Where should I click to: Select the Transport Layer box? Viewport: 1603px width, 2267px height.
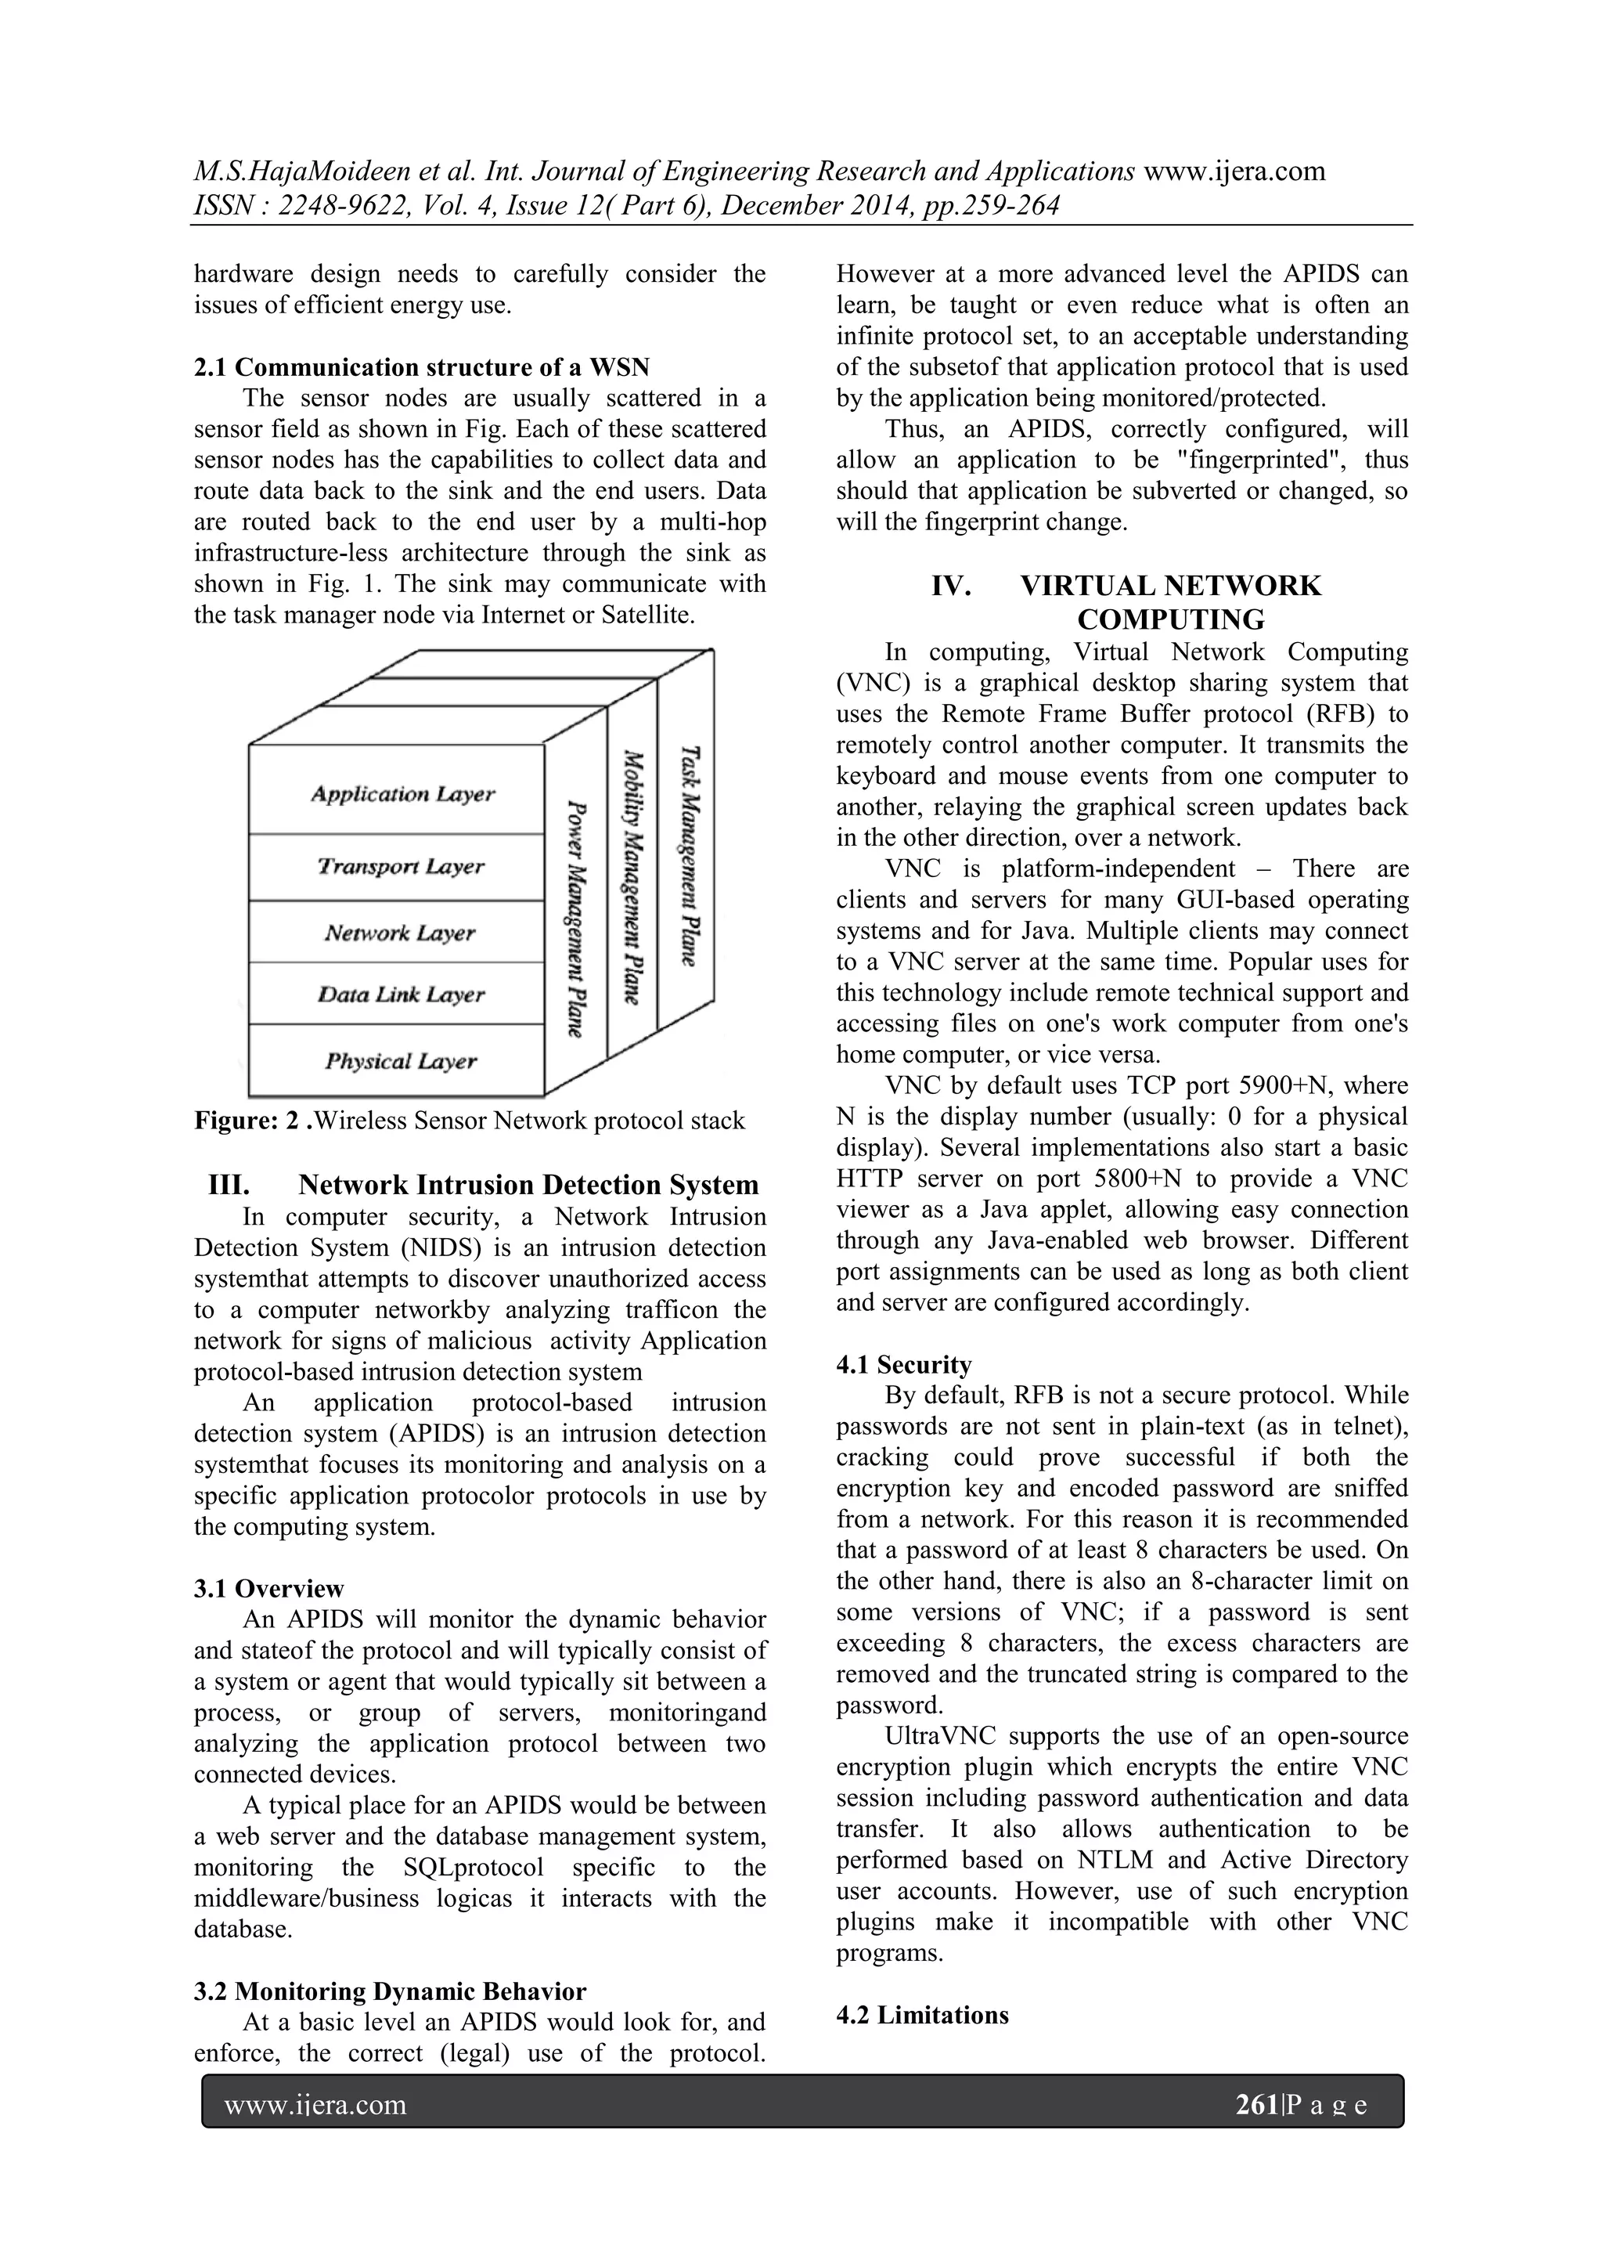(x=401, y=866)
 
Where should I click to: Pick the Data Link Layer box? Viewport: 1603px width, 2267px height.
(x=401, y=995)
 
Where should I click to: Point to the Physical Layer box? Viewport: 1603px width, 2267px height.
(x=401, y=1060)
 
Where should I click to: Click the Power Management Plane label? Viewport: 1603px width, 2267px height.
(x=576, y=919)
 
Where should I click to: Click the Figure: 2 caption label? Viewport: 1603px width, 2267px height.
(x=252, y=1121)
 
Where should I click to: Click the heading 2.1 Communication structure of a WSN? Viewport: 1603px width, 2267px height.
(x=421, y=367)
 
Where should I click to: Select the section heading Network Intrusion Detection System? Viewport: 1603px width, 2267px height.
(x=528, y=1185)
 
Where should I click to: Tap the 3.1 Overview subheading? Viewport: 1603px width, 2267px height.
(x=268, y=1589)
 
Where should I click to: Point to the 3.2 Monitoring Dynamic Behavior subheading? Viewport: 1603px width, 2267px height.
(x=390, y=1991)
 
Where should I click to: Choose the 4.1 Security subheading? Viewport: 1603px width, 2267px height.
(x=903, y=1365)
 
